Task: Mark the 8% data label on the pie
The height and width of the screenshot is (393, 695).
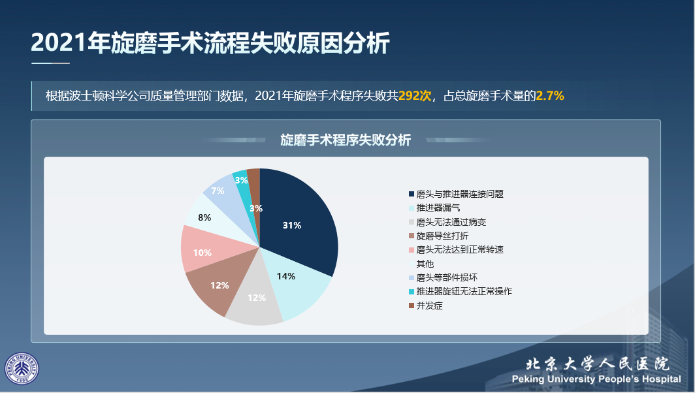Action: click(204, 217)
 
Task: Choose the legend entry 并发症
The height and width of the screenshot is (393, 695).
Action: click(429, 305)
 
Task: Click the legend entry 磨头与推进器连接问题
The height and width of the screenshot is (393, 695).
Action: click(460, 194)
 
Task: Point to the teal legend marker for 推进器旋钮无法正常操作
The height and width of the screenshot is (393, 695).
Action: click(411, 291)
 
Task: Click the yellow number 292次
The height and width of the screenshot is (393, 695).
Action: click(415, 96)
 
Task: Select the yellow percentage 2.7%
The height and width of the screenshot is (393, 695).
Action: click(550, 96)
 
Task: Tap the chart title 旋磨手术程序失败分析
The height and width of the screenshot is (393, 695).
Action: click(346, 140)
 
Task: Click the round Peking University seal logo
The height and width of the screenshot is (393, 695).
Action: click(22, 369)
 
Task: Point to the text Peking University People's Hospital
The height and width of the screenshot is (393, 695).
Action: click(596, 379)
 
